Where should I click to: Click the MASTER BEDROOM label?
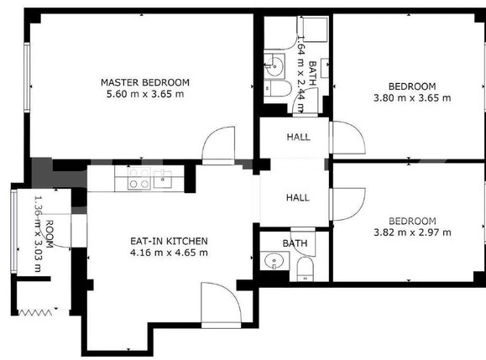[144, 82]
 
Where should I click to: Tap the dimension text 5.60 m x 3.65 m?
[144, 95]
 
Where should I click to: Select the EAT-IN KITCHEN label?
[168, 241]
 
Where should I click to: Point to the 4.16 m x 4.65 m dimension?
[168, 253]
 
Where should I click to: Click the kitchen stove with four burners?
[138, 178]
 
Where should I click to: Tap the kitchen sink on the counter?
[163, 178]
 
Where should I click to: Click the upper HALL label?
[297, 138]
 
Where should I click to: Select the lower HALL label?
[297, 198]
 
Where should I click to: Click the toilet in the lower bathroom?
[306, 267]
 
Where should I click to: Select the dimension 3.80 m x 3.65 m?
[411, 98]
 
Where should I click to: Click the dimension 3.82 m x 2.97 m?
[411, 232]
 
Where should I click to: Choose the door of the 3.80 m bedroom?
[346, 138]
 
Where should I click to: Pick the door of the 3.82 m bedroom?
[347, 202]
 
